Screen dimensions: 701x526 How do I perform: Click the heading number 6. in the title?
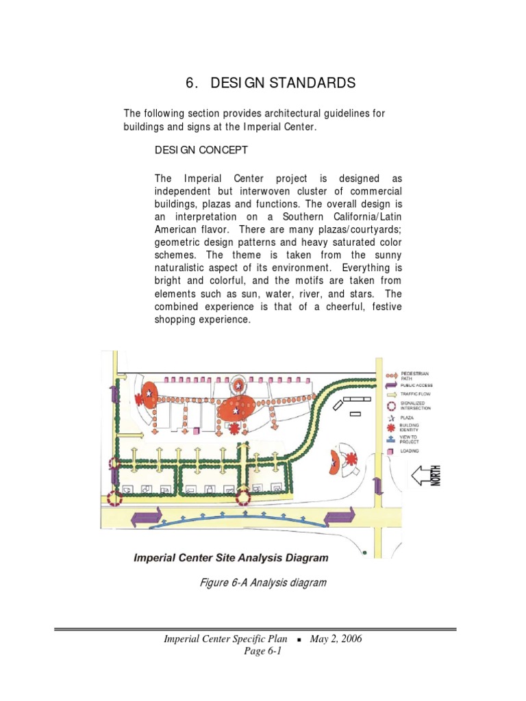click(191, 84)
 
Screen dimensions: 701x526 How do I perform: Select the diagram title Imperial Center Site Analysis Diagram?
click(230, 558)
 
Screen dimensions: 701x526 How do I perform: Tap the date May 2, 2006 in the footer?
click(336, 639)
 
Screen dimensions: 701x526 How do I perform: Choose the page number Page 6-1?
click(262, 651)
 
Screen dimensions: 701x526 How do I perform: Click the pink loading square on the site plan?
click(197, 431)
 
